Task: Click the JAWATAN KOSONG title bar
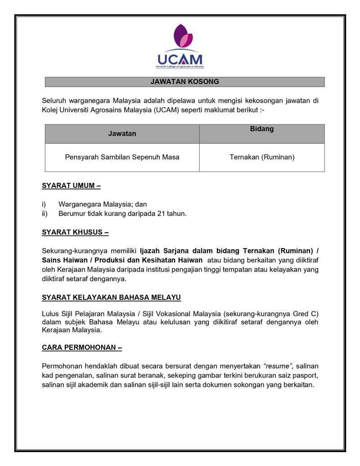(x=184, y=82)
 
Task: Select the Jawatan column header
(x=122, y=134)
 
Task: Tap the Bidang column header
(x=261, y=129)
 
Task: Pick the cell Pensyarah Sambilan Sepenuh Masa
(x=122, y=157)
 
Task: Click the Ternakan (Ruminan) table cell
(x=261, y=157)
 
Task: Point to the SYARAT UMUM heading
(x=71, y=185)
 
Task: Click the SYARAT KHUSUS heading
(x=75, y=233)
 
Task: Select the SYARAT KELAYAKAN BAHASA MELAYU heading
(x=111, y=298)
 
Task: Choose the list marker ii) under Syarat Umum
(x=45, y=213)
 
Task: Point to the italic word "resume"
(x=278, y=366)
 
